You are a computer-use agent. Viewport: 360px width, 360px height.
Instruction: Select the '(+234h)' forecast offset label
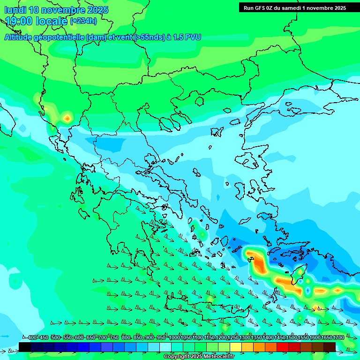click(x=83, y=21)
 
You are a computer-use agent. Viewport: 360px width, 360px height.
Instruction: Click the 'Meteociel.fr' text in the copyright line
click(x=216, y=357)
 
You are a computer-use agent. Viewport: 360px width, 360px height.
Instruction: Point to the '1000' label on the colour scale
click(x=174, y=337)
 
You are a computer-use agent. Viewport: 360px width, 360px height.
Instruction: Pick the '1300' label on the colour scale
click(x=245, y=337)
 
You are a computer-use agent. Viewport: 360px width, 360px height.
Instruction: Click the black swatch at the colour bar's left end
click(x=25, y=347)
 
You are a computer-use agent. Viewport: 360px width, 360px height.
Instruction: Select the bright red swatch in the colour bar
click(x=283, y=347)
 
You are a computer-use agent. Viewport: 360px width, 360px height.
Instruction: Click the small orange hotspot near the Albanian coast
click(x=67, y=118)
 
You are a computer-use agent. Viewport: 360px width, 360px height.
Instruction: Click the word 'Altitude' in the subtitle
click(x=21, y=37)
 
